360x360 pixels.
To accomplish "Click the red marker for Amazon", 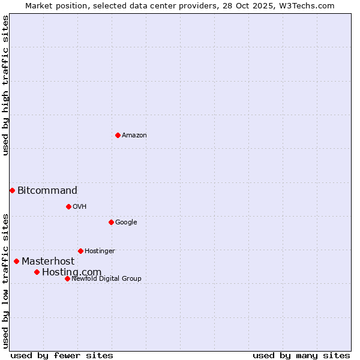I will tap(118, 135).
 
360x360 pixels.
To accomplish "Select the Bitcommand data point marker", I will tap(12, 190).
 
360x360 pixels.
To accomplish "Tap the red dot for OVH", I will tap(68, 206).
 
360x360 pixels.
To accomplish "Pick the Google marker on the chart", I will tap(111, 222).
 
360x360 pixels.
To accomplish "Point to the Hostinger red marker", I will tap(80, 251).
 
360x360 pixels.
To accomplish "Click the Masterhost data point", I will tap(16, 261).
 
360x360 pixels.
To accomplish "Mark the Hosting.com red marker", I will tap(37, 272).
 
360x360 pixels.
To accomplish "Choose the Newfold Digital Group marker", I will tap(67, 278).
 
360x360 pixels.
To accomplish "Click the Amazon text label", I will tap(134, 136).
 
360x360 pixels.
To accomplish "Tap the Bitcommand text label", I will tap(47, 191).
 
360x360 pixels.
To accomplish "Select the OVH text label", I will tap(80, 207).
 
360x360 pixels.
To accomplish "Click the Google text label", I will tap(126, 223).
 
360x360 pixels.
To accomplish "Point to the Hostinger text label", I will tap(100, 251).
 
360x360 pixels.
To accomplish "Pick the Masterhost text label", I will tap(48, 262).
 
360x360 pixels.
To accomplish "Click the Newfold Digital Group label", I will tap(106, 279).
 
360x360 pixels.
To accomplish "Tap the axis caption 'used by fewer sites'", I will tap(62, 355).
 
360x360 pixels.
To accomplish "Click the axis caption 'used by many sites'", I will tap(301, 355).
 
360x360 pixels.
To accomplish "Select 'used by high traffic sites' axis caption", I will tap(5, 85).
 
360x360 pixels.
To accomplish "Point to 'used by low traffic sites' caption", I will tap(5, 281).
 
